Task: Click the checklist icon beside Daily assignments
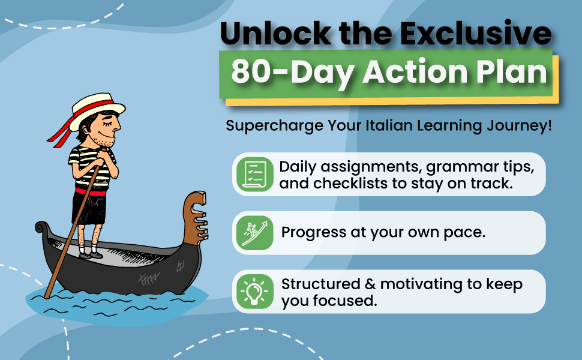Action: point(254,174)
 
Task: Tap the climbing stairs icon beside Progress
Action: point(254,233)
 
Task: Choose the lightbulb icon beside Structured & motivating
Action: point(254,292)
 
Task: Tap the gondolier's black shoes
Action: point(90,254)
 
